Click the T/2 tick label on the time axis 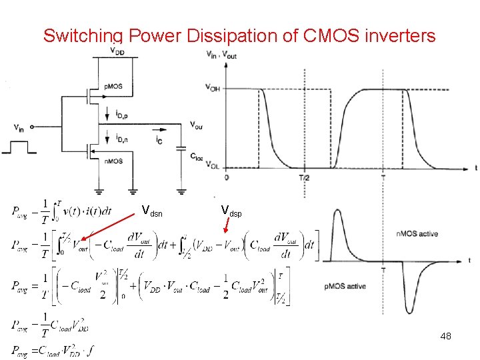coord(305,178)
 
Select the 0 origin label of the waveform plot coord(227,178)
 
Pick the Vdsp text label coord(231,212)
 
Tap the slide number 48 coord(445,336)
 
